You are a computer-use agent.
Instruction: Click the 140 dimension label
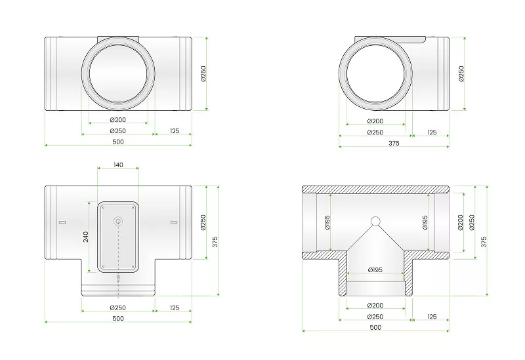118,165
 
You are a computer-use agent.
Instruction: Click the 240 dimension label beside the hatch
86,237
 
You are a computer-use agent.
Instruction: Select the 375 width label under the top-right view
394,143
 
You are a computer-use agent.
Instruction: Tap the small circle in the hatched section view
375,221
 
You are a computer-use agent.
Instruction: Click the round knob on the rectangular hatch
118,221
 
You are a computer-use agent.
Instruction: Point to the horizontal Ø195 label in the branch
375,270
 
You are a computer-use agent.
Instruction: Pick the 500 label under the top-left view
118,142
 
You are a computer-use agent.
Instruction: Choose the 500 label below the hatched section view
375,327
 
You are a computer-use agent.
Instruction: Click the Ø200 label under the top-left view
118,119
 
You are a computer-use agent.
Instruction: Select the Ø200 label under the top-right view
375,121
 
